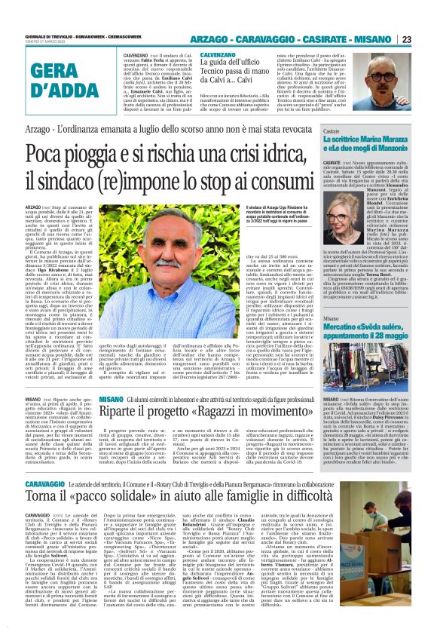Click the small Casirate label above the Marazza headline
coord(335,130)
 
